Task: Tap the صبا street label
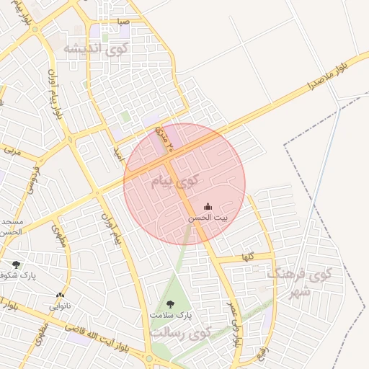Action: (124, 22)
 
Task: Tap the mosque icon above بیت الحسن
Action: (208, 207)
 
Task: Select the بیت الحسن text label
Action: (208, 218)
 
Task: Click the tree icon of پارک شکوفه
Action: (16, 264)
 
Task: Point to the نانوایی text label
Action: (60, 306)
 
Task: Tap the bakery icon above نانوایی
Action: (60, 295)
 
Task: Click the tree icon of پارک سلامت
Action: (171, 304)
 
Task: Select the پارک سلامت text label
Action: (171, 316)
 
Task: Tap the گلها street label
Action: (247, 257)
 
